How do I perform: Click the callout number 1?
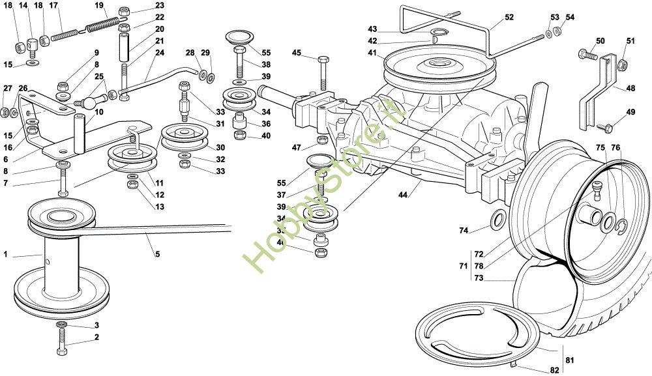coord(5,255)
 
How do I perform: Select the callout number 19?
coord(99,6)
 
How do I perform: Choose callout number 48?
coord(630,89)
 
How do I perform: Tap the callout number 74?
coord(464,230)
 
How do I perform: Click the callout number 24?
coord(160,53)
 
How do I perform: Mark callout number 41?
coord(372,53)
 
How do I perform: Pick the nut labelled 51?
coord(621,63)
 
